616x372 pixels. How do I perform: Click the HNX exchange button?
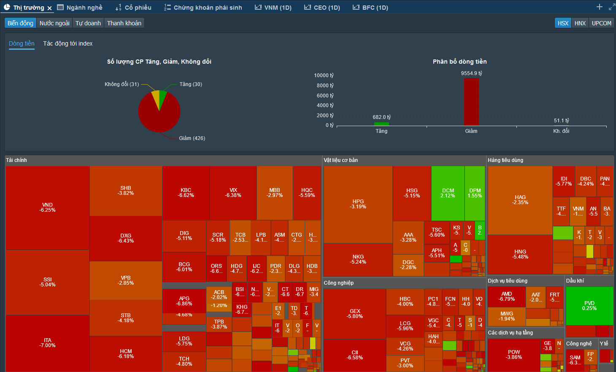(580, 23)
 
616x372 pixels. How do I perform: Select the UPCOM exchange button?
(601, 23)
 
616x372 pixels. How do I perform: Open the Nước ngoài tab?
(54, 23)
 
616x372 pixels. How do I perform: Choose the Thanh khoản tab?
(124, 23)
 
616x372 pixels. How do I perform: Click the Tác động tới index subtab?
(68, 43)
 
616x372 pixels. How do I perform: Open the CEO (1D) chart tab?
(322, 8)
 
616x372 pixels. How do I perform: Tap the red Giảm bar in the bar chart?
(471, 102)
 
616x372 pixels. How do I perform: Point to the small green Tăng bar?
(381, 124)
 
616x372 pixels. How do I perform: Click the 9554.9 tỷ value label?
(471, 73)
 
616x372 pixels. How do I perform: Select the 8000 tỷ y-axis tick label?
(324, 86)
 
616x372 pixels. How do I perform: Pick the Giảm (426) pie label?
(192, 138)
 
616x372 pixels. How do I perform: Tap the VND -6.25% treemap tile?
(47, 207)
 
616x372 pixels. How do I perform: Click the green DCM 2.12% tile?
(448, 193)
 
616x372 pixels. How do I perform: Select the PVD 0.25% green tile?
(589, 305)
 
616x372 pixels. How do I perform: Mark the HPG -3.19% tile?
(358, 204)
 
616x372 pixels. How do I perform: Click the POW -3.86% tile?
(513, 354)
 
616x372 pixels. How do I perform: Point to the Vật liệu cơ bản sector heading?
(340, 160)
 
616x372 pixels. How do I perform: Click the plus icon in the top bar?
(599, 7)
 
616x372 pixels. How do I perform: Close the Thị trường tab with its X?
(49, 8)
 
